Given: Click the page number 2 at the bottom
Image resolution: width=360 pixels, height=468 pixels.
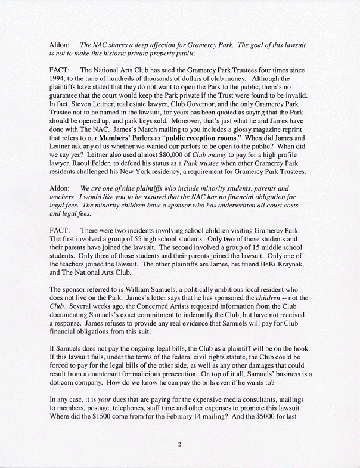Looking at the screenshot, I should (179, 444).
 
